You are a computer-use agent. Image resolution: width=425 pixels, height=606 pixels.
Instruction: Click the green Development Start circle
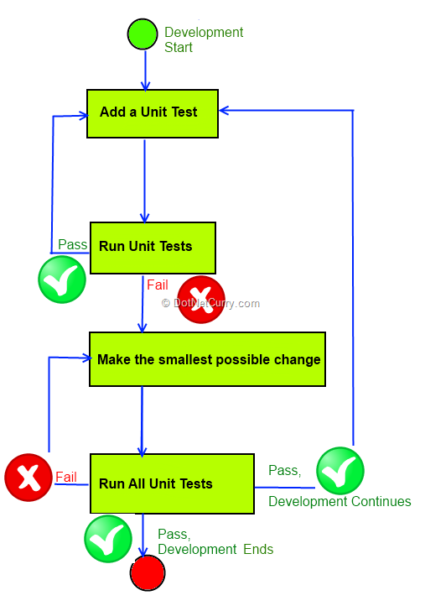(x=143, y=34)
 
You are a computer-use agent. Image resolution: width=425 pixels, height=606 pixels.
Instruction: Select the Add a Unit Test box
(x=153, y=113)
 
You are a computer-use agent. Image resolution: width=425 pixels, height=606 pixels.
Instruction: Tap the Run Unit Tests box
(x=153, y=248)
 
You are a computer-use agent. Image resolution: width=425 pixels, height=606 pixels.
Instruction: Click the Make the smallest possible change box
(x=207, y=359)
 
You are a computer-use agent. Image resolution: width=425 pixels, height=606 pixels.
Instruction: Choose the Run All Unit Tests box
(x=172, y=483)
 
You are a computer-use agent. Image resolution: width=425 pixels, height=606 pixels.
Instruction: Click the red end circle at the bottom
(x=148, y=573)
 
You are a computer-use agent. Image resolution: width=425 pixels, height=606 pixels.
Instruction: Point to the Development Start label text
(x=204, y=39)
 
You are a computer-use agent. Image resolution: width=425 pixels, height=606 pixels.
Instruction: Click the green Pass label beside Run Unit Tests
(x=72, y=244)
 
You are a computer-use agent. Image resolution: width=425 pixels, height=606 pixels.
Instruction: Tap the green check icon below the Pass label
(x=62, y=279)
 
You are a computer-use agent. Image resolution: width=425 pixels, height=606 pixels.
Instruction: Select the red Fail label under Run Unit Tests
(x=157, y=285)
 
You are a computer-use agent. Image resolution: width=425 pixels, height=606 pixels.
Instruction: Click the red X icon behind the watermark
(x=200, y=300)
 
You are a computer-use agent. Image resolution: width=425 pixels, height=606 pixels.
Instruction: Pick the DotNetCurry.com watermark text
(x=210, y=303)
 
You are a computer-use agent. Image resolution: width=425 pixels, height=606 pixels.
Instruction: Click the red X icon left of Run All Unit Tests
(x=29, y=478)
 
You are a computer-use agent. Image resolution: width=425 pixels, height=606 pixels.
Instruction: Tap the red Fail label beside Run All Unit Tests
(x=66, y=477)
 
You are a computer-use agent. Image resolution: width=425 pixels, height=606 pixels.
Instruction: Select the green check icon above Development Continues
(x=340, y=471)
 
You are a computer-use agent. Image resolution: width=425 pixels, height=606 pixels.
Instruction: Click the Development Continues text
(x=339, y=501)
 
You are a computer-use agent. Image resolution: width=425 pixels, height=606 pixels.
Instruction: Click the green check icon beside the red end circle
(x=108, y=539)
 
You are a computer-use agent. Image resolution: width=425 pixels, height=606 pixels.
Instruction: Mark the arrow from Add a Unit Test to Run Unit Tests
(x=145, y=180)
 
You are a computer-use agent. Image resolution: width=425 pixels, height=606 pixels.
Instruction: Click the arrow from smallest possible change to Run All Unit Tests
(x=142, y=421)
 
